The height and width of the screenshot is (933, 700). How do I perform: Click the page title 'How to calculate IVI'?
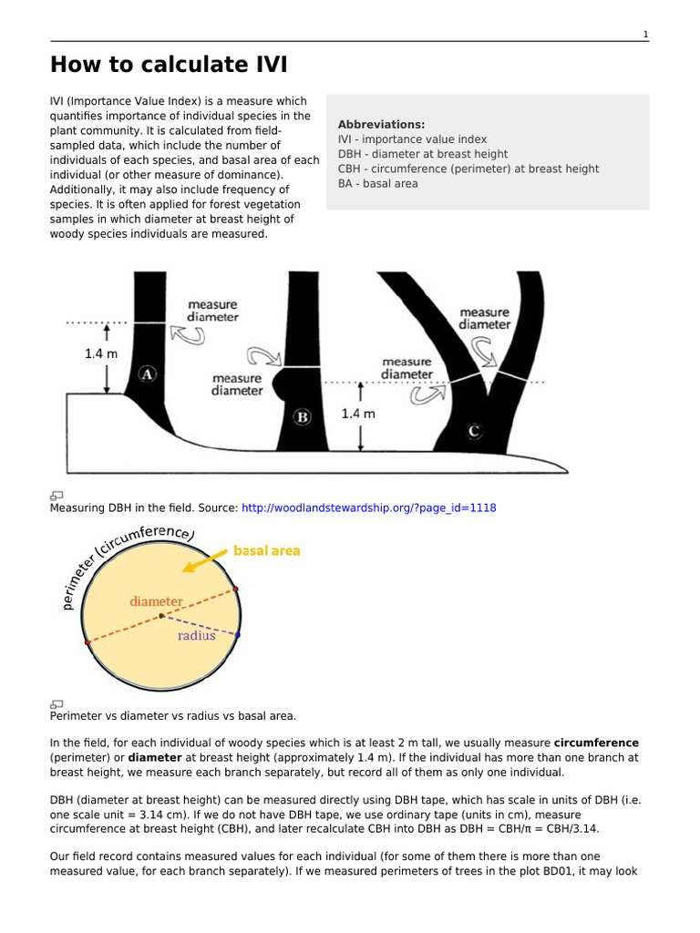[x=168, y=66]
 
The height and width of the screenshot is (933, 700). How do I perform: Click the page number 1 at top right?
[x=645, y=35]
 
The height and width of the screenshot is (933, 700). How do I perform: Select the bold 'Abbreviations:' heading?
[x=381, y=125]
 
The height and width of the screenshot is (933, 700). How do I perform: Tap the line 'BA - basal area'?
[x=377, y=183]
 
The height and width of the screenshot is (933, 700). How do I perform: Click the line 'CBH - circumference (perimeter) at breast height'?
[x=468, y=169]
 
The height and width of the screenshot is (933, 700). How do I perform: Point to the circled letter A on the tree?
[x=148, y=374]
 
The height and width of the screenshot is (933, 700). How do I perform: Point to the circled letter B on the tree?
[x=303, y=417]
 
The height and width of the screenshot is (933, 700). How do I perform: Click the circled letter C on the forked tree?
[x=474, y=431]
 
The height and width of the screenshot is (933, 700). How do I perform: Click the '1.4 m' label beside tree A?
[x=101, y=354]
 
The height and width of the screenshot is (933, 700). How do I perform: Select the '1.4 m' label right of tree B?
[x=358, y=413]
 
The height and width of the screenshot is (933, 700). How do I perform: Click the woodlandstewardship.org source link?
[x=368, y=508]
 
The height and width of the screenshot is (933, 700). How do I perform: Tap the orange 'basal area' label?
[x=266, y=550]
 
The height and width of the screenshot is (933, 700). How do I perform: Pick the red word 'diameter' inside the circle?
[x=156, y=601]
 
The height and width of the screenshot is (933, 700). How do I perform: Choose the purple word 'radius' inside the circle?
[x=196, y=636]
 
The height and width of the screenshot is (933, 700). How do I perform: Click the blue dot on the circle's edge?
[x=238, y=634]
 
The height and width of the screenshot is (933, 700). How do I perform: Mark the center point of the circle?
[x=161, y=616]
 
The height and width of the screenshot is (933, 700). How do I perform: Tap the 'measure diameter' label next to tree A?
[x=212, y=311]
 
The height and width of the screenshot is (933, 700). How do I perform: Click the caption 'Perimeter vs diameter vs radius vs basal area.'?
[x=172, y=716]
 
